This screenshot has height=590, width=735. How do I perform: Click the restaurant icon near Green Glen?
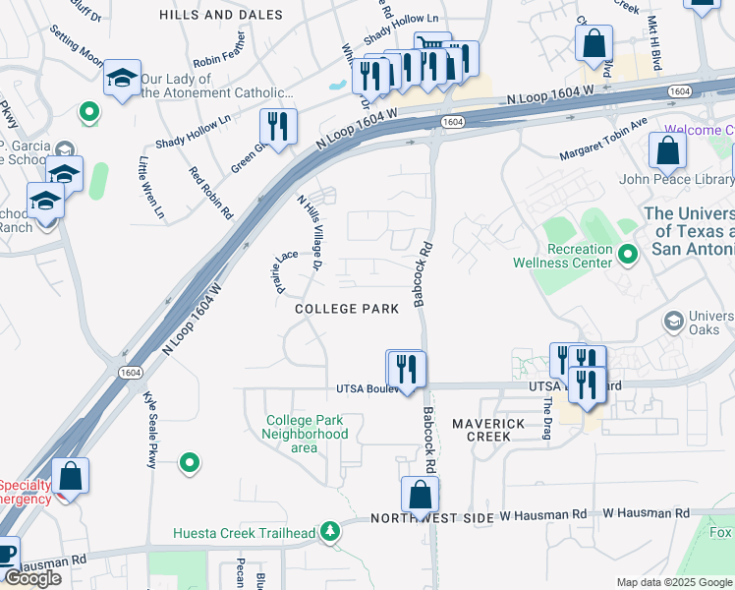(x=278, y=127)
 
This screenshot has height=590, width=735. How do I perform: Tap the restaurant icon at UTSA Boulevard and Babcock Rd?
(x=406, y=369)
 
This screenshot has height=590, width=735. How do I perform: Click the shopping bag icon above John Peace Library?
(x=667, y=151)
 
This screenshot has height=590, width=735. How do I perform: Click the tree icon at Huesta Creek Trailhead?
(x=331, y=533)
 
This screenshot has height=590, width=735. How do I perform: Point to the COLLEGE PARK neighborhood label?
(x=347, y=309)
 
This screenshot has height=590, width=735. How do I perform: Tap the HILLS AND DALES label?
(x=221, y=15)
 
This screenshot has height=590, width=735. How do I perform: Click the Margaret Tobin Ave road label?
(x=603, y=141)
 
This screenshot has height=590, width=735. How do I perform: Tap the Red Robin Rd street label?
(x=211, y=193)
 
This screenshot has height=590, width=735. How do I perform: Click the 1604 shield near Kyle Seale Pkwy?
(x=131, y=372)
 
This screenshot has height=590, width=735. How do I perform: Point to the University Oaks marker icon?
(x=673, y=321)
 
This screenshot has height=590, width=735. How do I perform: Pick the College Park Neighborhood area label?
(x=305, y=434)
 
